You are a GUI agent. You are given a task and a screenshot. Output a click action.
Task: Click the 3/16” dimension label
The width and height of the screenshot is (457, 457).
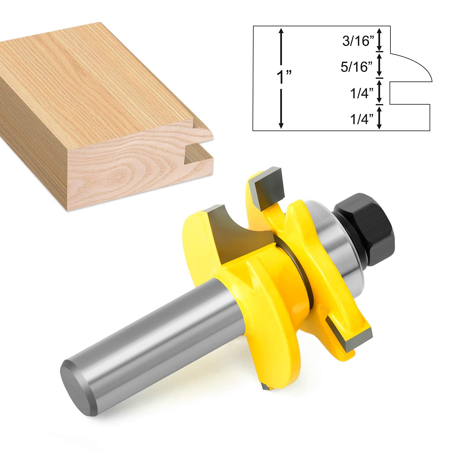pyautogui.click(x=358, y=41)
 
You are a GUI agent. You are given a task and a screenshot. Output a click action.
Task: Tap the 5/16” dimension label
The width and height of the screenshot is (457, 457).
pyautogui.click(x=357, y=67)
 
